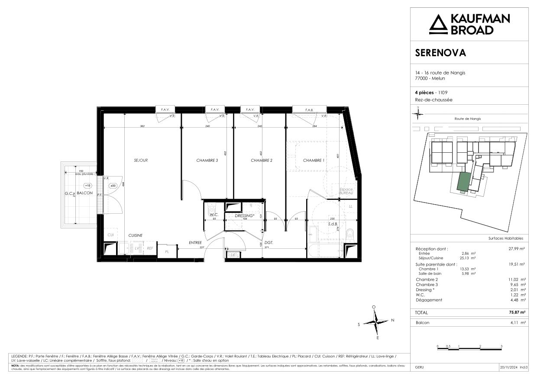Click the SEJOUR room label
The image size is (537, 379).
point(141,161)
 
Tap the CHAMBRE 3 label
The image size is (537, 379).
point(207,161)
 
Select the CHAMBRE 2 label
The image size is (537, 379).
point(262,161)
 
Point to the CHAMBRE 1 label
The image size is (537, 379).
point(314,161)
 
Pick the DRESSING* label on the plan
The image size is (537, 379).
point(244,215)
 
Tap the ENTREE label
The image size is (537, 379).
point(195,243)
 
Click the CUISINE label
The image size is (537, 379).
point(136,235)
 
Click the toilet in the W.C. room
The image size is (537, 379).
point(211,206)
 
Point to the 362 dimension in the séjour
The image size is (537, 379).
point(142,126)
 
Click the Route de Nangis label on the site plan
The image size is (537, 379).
point(468,119)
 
